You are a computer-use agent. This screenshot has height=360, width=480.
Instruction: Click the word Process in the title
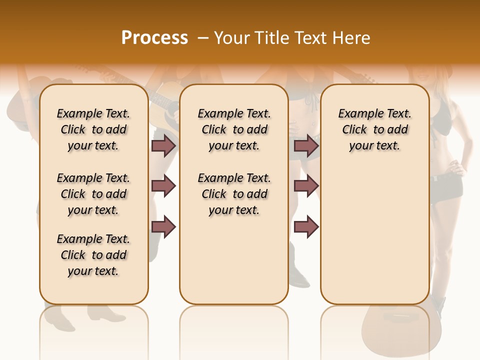point(154,38)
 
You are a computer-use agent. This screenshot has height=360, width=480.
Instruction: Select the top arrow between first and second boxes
point(163,146)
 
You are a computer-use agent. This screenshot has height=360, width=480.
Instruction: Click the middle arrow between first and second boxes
point(163,186)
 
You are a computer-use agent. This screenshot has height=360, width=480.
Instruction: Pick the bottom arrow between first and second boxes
point(163,226)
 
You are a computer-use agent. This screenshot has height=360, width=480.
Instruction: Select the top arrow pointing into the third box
point(306,146)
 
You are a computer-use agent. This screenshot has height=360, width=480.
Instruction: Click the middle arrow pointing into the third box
point(306,186)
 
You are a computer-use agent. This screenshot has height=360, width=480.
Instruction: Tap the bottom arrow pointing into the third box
point(306,226)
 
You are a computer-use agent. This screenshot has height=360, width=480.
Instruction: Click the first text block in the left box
point(93,129)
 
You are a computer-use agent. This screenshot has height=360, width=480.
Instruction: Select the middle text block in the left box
point(93,194)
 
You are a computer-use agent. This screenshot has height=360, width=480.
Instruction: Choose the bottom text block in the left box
point(93,255)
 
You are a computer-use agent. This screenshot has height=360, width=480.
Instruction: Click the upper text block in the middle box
point(234,129)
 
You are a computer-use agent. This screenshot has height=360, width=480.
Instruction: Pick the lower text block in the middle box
point(234,194)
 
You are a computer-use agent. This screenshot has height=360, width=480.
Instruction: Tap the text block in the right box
point(374,129)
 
